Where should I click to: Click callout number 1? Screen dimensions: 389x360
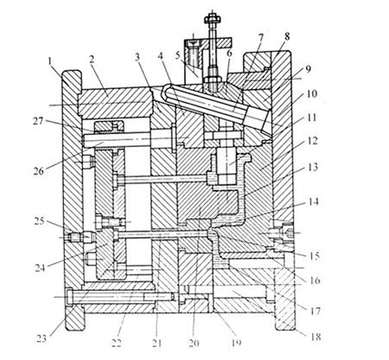point(51,61)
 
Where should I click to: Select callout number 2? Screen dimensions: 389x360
point(92,60)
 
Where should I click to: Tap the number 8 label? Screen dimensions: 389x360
point(287,37)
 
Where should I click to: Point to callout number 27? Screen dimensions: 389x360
point(38,121)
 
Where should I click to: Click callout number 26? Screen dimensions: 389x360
point(39,171)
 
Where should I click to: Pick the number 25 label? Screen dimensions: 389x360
point(39,222)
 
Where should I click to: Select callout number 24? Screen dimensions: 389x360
point(41,268)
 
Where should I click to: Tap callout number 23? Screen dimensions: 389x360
point(41,338)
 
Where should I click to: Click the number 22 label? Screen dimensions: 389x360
point(117,344)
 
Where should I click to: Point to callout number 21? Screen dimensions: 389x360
point(156,344)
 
